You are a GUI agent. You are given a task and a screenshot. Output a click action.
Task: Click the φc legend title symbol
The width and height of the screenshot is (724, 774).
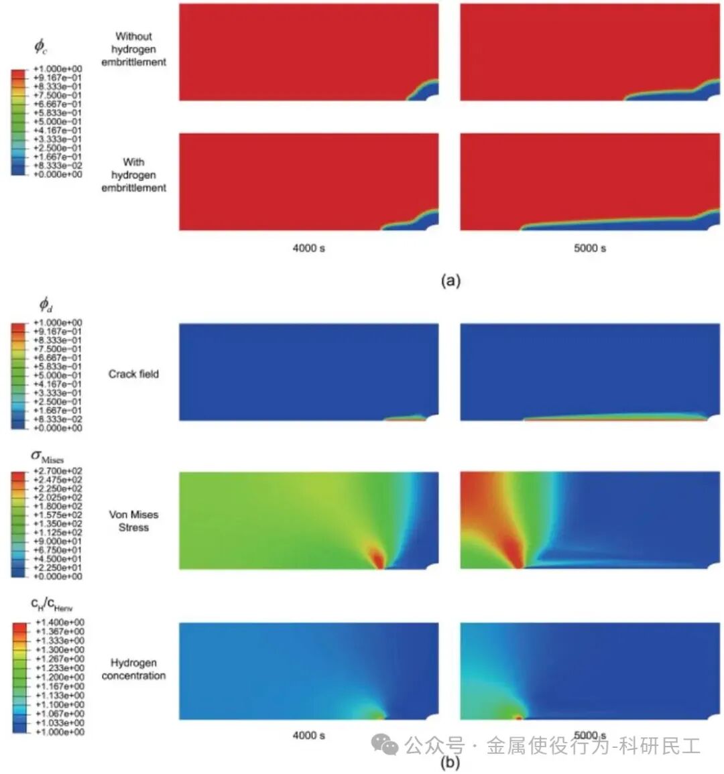[x=40, y=47]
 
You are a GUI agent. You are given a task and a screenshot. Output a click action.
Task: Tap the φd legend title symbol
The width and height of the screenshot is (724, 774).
[x=46, y=306]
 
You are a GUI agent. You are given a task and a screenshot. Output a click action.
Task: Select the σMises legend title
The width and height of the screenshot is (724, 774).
[x=47, y=457]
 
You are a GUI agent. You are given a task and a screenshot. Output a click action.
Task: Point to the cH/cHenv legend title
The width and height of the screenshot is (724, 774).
[x=51, y=604]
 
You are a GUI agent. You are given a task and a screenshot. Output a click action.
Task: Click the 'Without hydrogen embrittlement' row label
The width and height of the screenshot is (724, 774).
[x=133, y=49]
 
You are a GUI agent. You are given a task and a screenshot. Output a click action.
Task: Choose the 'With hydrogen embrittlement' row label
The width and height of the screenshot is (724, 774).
[x=133, y=175]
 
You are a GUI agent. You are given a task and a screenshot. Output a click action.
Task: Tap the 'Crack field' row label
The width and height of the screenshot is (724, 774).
[x=133, y=374]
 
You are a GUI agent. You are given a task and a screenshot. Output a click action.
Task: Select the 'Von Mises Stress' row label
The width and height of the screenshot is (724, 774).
[x=133, y=521]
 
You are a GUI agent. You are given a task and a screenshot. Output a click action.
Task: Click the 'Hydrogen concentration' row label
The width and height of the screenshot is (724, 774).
[x=133, y=669]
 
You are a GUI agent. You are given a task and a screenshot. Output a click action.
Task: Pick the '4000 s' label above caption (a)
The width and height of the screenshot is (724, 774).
[x=308, y=248]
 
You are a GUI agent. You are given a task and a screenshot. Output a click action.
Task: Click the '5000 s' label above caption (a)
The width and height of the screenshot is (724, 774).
[x=590, y=248]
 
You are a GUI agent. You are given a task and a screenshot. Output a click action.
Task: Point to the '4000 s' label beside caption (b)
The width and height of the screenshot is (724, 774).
[x=308, y=735]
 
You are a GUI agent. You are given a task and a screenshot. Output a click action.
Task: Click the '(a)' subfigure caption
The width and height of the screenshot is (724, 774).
[x=450, y=281]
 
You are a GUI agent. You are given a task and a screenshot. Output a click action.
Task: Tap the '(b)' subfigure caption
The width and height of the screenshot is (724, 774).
[x=450, y=762]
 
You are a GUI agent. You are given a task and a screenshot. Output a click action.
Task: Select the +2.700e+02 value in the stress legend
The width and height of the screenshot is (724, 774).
[x=59, y=472]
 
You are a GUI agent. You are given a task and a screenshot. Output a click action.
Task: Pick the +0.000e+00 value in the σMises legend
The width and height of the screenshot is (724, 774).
[x=59, y=576]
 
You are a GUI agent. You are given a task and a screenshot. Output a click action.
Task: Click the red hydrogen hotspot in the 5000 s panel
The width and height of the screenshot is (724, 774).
[x=519, y=717]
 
